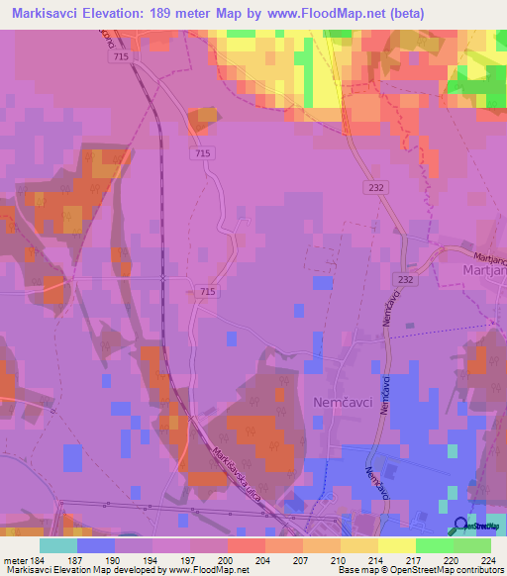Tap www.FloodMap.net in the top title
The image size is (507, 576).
point(326,14)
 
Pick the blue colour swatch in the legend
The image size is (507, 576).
point(96,545)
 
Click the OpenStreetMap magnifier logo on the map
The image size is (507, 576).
point(460,527)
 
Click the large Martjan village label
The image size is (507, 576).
point(485,269)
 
